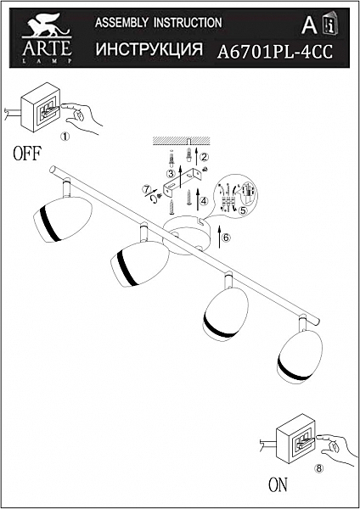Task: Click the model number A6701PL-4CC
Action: [275, 51]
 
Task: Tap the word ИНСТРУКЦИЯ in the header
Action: [149, 48]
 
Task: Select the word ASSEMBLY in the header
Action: [122, 23]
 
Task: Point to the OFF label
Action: [27, 154]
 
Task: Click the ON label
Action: [278, 484]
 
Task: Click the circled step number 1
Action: [65, 137]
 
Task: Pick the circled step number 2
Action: [205, 157]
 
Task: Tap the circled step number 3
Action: [171, 174]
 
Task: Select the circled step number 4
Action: [204, 201]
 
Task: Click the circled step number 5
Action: [242, 210]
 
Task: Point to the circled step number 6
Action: [226, 238]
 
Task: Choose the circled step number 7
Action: [147, 189]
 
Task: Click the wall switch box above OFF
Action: [41, 107]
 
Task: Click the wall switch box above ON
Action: [295, 439]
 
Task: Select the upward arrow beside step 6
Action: [219, 237]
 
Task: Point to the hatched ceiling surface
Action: [182, 141]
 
